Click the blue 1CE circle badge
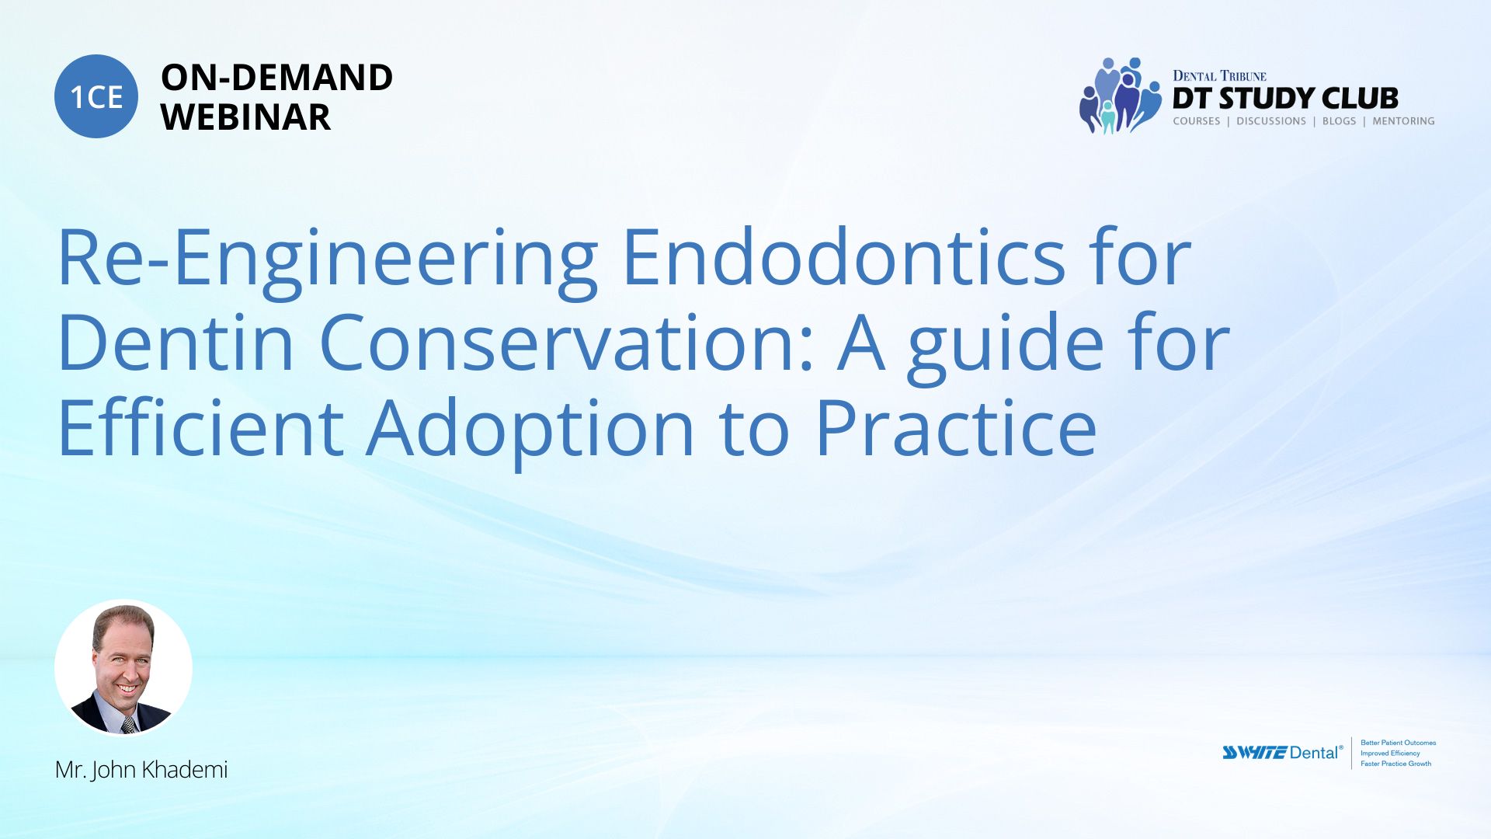96,96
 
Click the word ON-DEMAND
276,78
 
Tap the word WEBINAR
245,117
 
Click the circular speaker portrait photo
123,667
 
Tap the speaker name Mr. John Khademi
141,770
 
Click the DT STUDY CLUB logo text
1285,99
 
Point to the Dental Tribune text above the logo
1219,75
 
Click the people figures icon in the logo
1120,96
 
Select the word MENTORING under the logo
1403,121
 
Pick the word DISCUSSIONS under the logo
1271,121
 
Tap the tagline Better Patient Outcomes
1398,743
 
